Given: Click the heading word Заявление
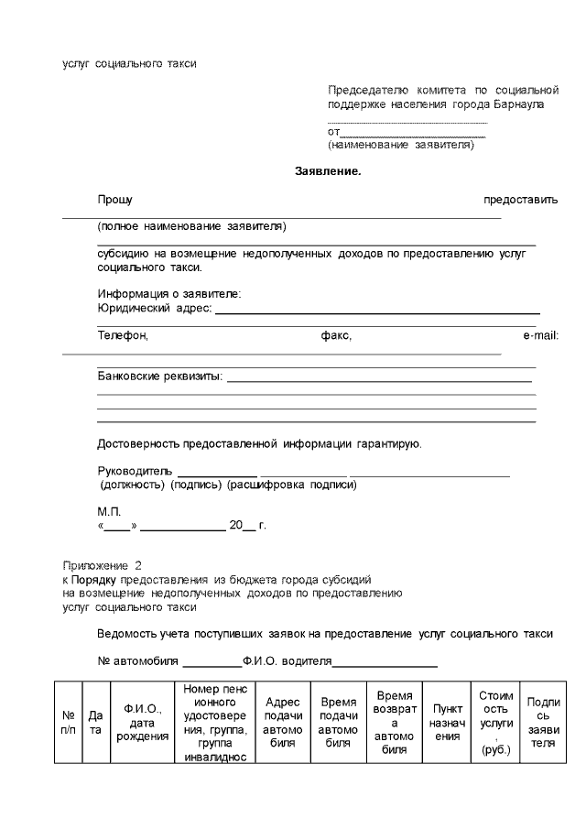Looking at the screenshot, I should point(328,171).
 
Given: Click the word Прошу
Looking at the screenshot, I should point(115,200).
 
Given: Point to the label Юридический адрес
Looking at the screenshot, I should point(154,309).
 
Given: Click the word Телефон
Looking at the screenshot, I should point(123,336).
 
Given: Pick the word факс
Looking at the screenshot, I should point(336,336).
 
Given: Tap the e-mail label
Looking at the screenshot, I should point(540,336).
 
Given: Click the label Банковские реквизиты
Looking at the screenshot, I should point(159,376).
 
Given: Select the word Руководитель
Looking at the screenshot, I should point(134,471).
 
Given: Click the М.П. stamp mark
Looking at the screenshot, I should point(109,512).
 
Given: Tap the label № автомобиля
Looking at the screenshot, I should point(137,661).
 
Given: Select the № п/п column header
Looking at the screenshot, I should point(68,723).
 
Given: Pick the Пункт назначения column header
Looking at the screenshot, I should point(446,723).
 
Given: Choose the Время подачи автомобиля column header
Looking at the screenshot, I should point(338,723).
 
